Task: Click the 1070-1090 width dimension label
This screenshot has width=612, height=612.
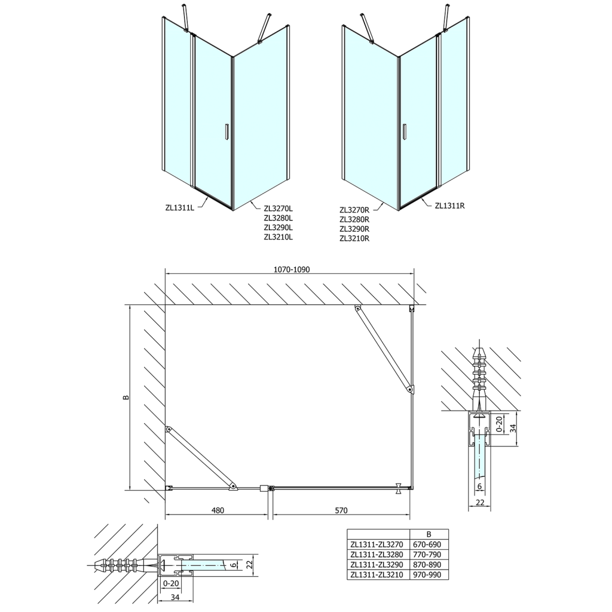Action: (292, 270)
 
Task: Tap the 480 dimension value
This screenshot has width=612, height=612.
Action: (218, 510)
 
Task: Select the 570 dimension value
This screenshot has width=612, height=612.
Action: (341, 510)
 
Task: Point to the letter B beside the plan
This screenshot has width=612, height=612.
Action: (125, 397)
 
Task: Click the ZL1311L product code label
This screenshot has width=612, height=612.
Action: (180, 208)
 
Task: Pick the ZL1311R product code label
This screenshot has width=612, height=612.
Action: (450, 206)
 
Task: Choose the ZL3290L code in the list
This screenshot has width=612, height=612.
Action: (280, 227)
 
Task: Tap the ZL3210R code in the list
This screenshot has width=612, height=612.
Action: (354, 238)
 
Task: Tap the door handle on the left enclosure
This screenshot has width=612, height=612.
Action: (226, 131)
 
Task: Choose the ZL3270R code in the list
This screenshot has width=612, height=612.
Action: (354, 210)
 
